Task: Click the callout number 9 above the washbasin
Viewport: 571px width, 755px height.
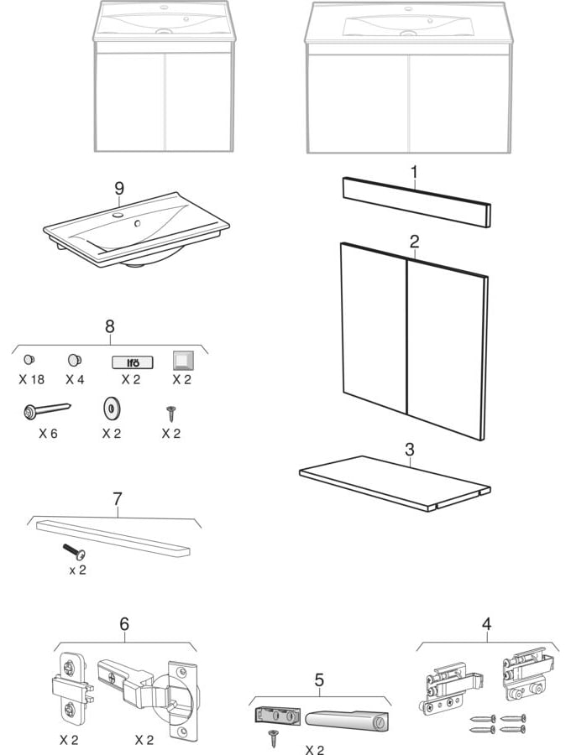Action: (119, 188)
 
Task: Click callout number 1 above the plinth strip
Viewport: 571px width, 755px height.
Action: (414, 171)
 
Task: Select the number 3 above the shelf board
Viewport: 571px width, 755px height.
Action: (410, 450)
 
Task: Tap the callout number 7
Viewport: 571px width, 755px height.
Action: (118, 499)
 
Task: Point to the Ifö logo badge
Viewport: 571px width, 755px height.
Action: (133, 362)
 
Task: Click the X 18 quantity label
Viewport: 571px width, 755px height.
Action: (32, 379)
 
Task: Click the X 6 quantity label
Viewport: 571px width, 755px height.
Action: (48, 434)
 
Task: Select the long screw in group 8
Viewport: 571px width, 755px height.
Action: (47, 410)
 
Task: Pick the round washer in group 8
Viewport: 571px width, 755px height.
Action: (112, 409)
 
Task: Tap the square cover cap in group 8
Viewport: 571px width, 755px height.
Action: (182, 360)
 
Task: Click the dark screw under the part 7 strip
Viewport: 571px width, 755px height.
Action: (74, 552)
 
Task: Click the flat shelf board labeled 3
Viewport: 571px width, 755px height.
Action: (395, 483)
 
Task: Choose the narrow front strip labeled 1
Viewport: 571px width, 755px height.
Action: (416, 202)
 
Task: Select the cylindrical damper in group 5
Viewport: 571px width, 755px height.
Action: (347, 717)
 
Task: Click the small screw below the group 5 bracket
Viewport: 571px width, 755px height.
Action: (274, 737)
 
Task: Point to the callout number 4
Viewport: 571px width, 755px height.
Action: (487, 624)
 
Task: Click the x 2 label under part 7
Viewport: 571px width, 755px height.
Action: (77, 570)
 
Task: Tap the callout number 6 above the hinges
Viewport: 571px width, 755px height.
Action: (124, 624)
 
